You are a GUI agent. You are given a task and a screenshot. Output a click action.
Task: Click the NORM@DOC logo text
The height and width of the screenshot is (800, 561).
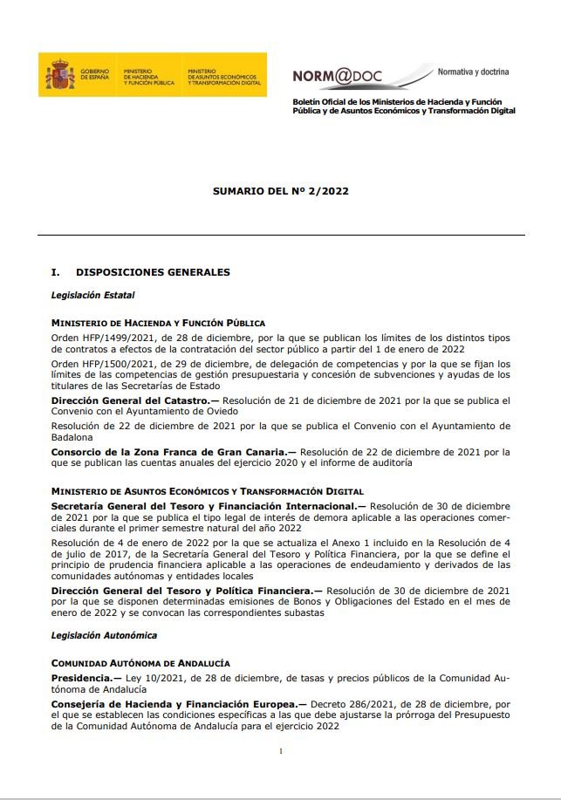339,76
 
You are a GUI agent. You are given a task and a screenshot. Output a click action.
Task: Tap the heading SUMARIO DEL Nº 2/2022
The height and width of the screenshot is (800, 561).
280,191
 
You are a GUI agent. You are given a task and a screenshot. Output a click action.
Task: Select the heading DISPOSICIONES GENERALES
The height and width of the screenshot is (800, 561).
153,272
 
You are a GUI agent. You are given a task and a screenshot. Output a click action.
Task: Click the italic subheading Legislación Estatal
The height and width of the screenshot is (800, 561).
92,296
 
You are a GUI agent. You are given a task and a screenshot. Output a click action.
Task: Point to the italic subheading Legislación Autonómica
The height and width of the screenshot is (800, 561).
104,635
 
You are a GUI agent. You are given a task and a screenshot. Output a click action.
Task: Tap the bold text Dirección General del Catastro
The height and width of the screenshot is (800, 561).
129,400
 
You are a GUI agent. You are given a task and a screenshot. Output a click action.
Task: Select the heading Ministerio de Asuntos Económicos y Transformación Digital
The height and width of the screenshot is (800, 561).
207,492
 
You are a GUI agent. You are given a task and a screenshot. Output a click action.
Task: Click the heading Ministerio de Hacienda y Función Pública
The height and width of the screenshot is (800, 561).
158,323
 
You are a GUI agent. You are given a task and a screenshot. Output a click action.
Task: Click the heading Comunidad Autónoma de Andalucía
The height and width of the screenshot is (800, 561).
140,663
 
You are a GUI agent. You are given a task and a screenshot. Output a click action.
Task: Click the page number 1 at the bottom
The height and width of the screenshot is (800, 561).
280,751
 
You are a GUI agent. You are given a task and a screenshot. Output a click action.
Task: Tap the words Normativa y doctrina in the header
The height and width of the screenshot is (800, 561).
473,72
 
